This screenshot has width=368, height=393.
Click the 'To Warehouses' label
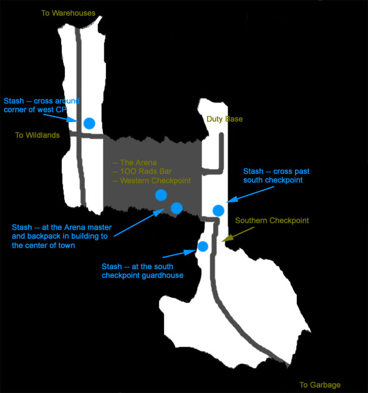point(68,13)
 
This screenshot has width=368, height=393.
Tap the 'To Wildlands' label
point(37,135)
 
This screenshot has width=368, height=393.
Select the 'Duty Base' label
point(225,119)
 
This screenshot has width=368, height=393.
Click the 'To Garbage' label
point(320,385)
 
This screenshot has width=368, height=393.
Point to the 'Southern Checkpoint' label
point(272,220)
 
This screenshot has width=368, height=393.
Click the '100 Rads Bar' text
point(143,171)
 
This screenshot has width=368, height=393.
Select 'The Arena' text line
point(135,163)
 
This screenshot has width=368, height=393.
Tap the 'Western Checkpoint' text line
point(152,181)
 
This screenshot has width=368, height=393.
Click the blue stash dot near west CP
point(89,123)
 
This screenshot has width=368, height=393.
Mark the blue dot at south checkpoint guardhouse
point(203,247)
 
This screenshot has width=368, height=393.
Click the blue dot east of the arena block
point(218,211)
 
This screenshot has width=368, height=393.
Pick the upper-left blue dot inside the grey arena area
point(161,195)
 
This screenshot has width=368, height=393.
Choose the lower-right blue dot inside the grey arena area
point(177,208)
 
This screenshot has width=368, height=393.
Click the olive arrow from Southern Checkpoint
point(238,234)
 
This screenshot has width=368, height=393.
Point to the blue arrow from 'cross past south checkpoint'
point(250,194)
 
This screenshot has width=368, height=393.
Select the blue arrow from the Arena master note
point(139,222)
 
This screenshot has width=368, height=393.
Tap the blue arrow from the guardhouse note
point(179,253)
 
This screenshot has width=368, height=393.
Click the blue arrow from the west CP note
point(61,118)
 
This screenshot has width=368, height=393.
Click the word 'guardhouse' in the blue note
point(162,275)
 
